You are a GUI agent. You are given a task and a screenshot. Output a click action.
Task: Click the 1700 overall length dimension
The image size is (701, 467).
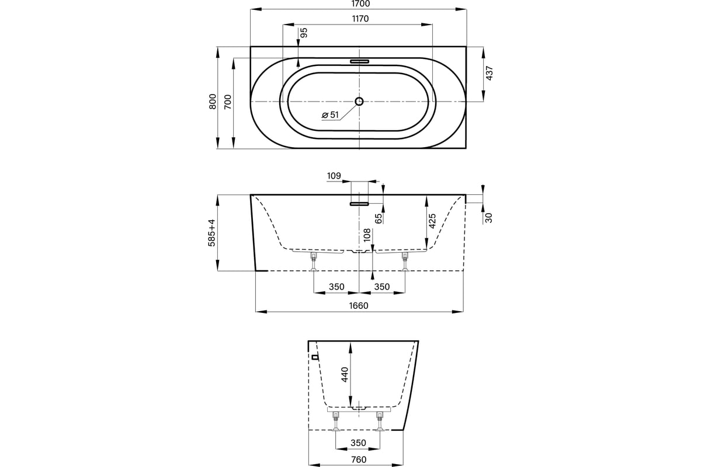(361, 4)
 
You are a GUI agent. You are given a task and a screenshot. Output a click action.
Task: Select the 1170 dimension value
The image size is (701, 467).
(360, 19)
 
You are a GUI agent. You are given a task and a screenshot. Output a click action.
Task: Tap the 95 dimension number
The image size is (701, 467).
(304, 33)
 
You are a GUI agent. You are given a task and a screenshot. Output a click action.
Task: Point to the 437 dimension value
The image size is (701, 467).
(490, 73)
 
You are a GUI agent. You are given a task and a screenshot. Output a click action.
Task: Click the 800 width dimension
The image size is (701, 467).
(213, 102)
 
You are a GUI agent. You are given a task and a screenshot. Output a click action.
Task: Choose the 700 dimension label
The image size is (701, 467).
(228, 102)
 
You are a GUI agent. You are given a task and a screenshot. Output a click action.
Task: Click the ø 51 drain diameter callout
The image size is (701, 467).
(331, 115)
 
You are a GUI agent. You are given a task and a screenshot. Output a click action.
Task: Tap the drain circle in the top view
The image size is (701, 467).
(359, 101)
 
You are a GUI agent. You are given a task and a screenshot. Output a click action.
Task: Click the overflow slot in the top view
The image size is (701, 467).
(360, 61)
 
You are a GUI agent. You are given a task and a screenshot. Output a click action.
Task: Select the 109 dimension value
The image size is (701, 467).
(334, 176)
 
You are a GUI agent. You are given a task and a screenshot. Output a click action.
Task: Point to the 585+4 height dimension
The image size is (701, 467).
(212, 233)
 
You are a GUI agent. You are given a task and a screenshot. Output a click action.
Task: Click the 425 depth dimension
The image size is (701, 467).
(432, 221)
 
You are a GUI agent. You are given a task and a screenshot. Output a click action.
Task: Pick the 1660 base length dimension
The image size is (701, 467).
(359, 306)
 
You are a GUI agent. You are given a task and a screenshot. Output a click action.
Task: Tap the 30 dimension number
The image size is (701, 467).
(488, 218)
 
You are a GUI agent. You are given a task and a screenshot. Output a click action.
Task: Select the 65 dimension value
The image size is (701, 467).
(379, 218)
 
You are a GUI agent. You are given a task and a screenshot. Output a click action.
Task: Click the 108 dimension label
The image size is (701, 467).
(367, 235)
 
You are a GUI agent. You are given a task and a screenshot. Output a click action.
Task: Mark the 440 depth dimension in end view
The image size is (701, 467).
(345, 374)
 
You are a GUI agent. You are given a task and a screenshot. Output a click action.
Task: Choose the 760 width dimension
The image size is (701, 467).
(359, 459)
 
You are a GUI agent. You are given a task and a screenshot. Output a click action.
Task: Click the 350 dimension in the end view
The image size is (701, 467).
(358, 443)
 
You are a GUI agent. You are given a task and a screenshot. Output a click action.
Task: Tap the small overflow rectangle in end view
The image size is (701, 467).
(315, 357)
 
